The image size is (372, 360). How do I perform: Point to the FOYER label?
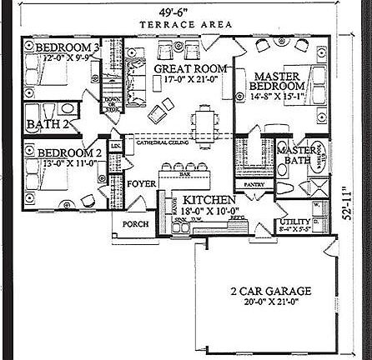pyautogui.click(x=141, y=183)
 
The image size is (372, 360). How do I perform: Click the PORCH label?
pyautogui.click(x=135, y=224)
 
